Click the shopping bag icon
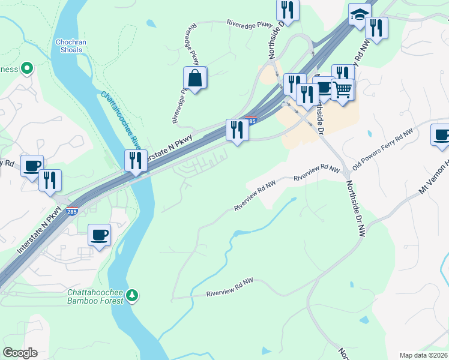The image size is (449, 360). click(195, 78)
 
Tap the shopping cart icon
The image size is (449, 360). click(342, 90)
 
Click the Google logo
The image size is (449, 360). click(20, 353)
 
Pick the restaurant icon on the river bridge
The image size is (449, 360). click(136, 161)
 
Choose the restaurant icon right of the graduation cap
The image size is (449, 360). click(376, 28)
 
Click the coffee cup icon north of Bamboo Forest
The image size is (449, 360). click(99, 234)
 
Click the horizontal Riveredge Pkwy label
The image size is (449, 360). click(249, 24)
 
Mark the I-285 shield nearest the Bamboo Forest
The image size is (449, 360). click(71, 212)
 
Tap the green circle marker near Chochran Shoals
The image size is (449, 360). click(26, 69)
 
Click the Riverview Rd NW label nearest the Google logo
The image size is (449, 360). click(230, 293)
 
